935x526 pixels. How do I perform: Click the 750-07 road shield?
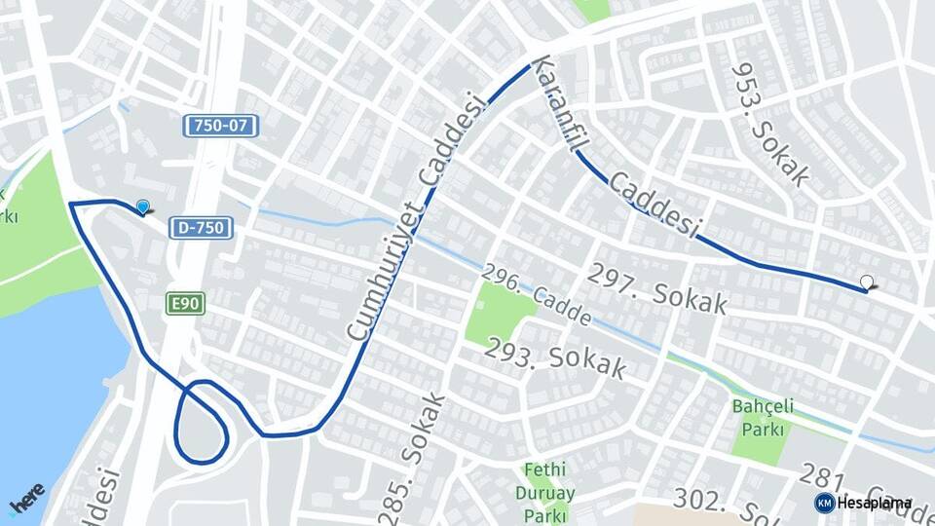(x=221, y=126)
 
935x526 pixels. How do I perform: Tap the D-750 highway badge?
(x=203, y=228)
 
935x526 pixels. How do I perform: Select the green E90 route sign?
(x=184, y=304)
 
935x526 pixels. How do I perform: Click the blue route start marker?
(x=143, y=207)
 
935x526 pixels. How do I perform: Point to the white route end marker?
(x=867, y=282)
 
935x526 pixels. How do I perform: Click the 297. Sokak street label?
(x=657, y=288)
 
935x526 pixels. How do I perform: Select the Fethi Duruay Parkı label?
(x=544, y=492)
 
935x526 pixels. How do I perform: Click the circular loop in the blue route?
(x=202, y=421)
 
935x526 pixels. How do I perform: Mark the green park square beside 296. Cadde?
(x=499, y=312)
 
